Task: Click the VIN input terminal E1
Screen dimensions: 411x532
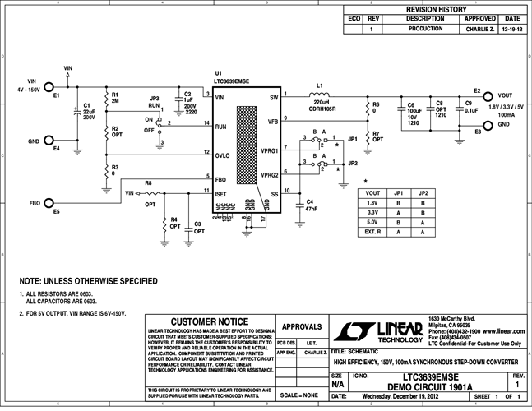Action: coord(49,86)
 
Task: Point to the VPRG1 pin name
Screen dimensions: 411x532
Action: coord(269,151)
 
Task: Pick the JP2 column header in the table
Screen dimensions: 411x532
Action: coord(423,192)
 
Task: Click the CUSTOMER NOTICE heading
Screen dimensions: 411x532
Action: coord(208,322)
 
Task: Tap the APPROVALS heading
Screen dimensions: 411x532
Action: coord(301,326)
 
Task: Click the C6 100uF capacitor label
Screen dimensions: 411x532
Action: coord(411,113)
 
